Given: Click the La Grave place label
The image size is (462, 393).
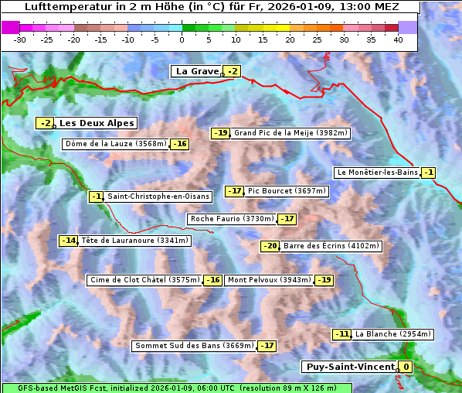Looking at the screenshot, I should click(197, 71).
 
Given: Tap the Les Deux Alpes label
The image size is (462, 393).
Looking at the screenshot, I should click(97, 123).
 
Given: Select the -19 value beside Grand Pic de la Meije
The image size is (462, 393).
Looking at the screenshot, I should click(221, 133).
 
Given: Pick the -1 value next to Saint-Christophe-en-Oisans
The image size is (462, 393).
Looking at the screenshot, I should click(97, 196).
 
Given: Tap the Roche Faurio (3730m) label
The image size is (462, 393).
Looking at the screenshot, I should click(232, 219).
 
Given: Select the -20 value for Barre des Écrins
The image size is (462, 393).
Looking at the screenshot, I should click(270, 246).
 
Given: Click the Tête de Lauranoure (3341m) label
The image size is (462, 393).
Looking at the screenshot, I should click(134, 241).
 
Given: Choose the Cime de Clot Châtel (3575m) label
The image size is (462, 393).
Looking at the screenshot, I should click(144, 280).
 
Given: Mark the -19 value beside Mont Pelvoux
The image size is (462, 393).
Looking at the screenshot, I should click(324, 280).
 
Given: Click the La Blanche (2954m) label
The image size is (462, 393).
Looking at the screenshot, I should click(392, 334).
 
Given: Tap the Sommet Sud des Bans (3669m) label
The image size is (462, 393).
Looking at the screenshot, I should click(193, 346).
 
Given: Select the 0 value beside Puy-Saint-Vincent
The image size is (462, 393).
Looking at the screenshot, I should click(406, 367).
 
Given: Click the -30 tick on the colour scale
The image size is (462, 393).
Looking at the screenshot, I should click(20, 39).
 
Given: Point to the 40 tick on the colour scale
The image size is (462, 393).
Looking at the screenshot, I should click(398, 39).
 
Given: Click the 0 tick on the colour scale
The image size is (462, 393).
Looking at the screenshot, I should click(182, 39).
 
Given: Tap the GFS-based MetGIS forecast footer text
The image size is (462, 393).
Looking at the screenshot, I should click(176, 388).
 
